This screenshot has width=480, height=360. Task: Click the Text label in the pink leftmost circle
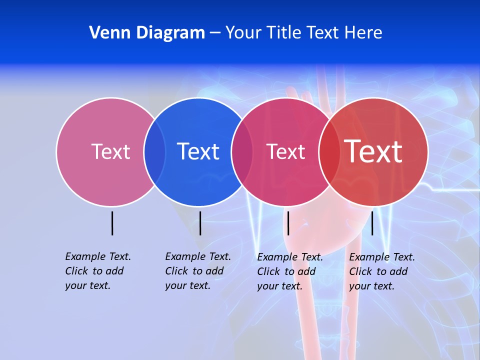click(110, 151)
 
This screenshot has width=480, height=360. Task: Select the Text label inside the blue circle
click(198, 151)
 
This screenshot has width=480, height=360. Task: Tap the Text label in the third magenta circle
click(285, 151)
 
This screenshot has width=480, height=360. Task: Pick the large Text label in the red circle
click(373, 151)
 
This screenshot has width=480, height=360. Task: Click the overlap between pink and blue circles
click(154, 151)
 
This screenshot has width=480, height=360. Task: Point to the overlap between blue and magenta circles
click(242, 151)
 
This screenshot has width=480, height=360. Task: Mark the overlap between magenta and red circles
click(329, 151)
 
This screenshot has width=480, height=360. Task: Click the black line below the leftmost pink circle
click(112, 223)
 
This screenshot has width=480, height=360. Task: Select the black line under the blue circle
click(200, 223)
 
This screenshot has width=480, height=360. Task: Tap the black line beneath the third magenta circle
click(288, 223)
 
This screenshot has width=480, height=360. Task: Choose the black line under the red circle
click(372, 223)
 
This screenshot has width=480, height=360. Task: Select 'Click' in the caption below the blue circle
click(176, 271)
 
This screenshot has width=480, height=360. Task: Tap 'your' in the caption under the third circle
click(267, 286)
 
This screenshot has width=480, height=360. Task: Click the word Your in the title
click(243, 33)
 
